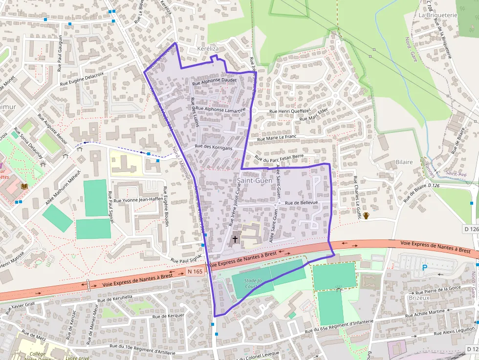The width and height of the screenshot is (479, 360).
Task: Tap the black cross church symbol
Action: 235,239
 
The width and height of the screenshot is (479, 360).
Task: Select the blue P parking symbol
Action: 424,267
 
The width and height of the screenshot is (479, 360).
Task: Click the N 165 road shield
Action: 195,271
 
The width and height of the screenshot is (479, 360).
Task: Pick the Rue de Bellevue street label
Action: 301,203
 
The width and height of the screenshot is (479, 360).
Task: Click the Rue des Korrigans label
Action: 214,147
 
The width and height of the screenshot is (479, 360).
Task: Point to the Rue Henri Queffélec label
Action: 290,111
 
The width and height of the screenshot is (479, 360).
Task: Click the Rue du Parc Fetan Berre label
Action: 279,157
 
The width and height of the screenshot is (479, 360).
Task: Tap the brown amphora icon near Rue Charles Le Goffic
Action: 366,215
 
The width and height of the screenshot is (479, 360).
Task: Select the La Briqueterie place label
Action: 437,15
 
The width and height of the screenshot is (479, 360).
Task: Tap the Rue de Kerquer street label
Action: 169,316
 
